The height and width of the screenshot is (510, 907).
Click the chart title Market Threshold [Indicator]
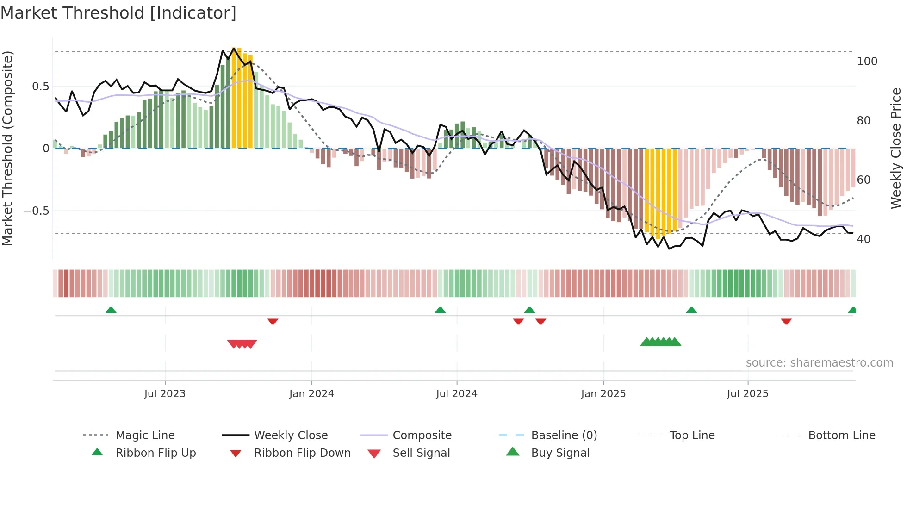pos(118,13)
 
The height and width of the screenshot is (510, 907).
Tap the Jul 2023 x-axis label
pos(165,394)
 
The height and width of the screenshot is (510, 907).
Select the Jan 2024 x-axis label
pos(311,394)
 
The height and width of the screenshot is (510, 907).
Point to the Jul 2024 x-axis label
pos(457,394)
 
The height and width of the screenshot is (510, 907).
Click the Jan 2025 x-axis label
pos(603,394)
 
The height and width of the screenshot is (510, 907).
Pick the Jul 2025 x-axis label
pos(748,394)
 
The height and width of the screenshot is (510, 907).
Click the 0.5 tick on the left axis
pos(41,87)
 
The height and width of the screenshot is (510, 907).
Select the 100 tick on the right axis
pos(867,62)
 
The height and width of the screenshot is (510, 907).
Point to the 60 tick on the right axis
pos(864,180)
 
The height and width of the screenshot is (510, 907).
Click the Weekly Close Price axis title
pos(896,148)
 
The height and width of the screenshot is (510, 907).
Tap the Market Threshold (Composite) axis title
pos(7,148)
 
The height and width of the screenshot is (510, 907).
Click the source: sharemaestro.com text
pos(819,363)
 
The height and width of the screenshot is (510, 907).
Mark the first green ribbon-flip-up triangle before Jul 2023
pos(111,310)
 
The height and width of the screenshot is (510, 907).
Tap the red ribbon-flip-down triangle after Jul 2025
pos(786,321)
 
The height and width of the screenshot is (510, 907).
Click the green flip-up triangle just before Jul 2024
pos(440,310)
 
